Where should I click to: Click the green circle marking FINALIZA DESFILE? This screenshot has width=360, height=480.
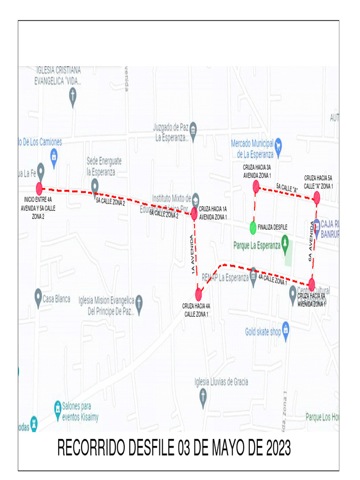coord(253,227)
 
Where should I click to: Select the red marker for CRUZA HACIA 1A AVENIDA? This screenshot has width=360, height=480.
coord(194,214)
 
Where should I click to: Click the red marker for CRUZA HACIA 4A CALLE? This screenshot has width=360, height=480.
coord(199,294)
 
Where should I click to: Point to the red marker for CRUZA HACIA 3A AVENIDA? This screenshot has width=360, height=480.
coord(256,187)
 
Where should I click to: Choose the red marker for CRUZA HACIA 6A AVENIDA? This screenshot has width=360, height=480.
coord(312,284)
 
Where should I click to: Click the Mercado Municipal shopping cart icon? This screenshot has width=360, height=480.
coord(278,143)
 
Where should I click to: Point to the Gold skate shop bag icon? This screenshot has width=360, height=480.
coord(285,331)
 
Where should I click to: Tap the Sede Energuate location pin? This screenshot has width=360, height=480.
coord(95,185)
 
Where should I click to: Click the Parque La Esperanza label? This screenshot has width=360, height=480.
coord(257,245)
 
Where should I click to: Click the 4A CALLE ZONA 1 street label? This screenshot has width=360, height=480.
coord(272,280)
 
